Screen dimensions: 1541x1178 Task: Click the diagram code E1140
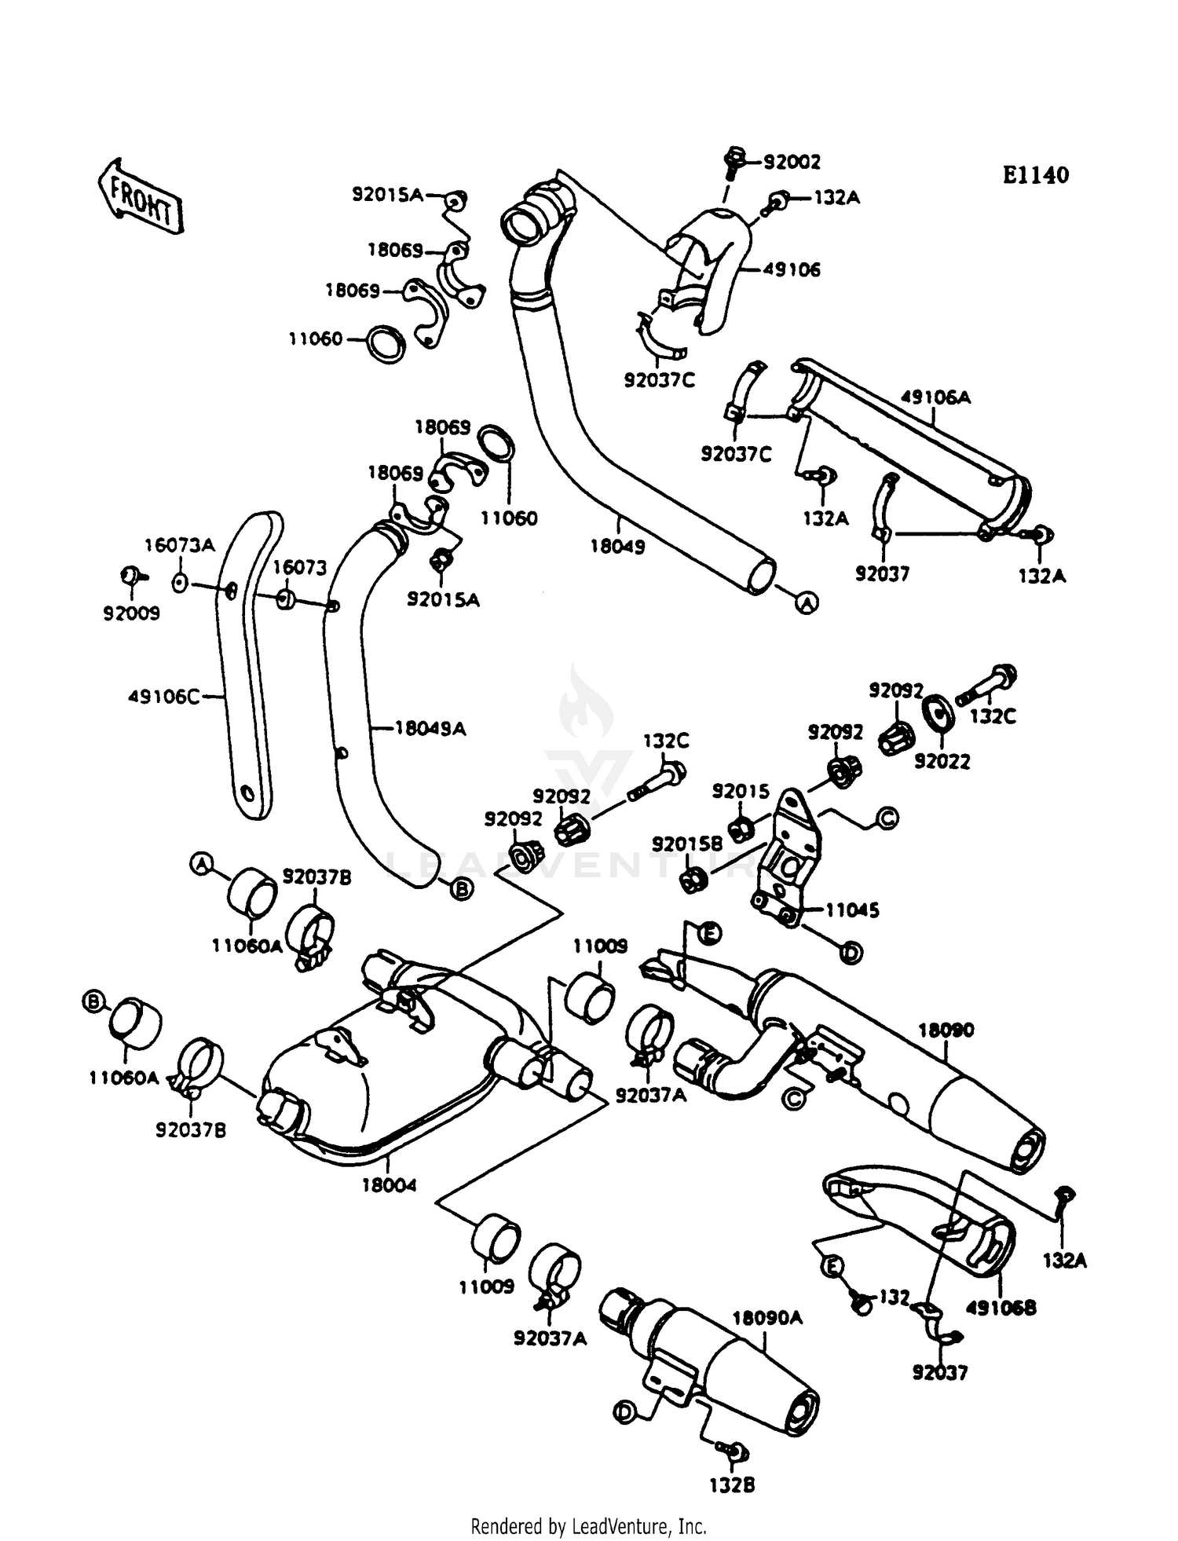(x=1035, y=175)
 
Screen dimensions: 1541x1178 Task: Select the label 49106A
(x=935, y=397)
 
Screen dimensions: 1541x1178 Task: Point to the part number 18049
(x=617, y=547)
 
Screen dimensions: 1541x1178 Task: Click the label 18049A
(x=430, y=729)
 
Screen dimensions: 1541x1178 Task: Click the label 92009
(x=131, y=613)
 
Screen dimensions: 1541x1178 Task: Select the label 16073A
(x=179, y=545)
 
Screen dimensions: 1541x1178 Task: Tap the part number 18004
(x=389, y=1185)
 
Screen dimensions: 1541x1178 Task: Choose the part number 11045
(x=852, y=910)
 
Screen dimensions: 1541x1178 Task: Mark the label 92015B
(x=687, y=844)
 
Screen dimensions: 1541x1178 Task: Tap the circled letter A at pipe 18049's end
(x=807, y=602)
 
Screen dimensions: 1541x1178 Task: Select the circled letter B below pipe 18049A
(x=462, y=889)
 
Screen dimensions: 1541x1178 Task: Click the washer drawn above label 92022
(x=937, y=709)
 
